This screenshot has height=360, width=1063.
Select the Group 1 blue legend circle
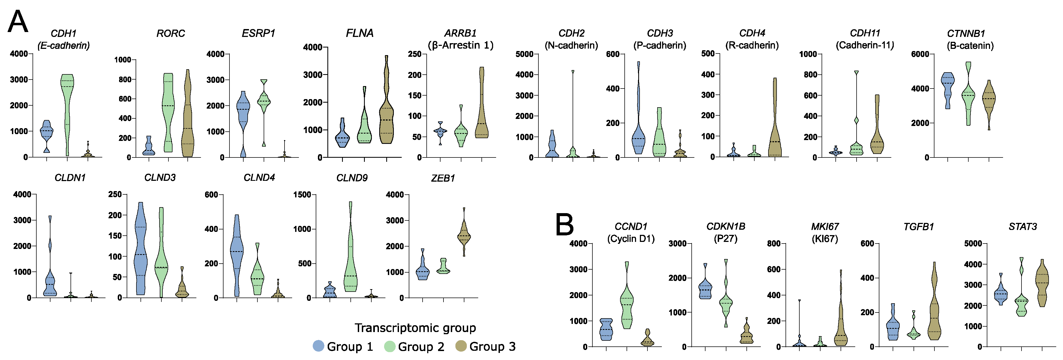[318, 346]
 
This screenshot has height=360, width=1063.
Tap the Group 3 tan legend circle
[461, 346]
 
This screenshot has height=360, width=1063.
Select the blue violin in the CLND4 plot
[237, 248]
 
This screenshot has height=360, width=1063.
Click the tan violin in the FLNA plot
[387, 120]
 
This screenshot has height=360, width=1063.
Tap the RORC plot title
[170, 33]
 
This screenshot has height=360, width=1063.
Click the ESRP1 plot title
[258, 33]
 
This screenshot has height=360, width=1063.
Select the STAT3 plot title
[1023, 227]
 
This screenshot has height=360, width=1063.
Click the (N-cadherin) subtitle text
[571, 45]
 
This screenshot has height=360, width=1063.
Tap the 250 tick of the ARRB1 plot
[415, 54]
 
